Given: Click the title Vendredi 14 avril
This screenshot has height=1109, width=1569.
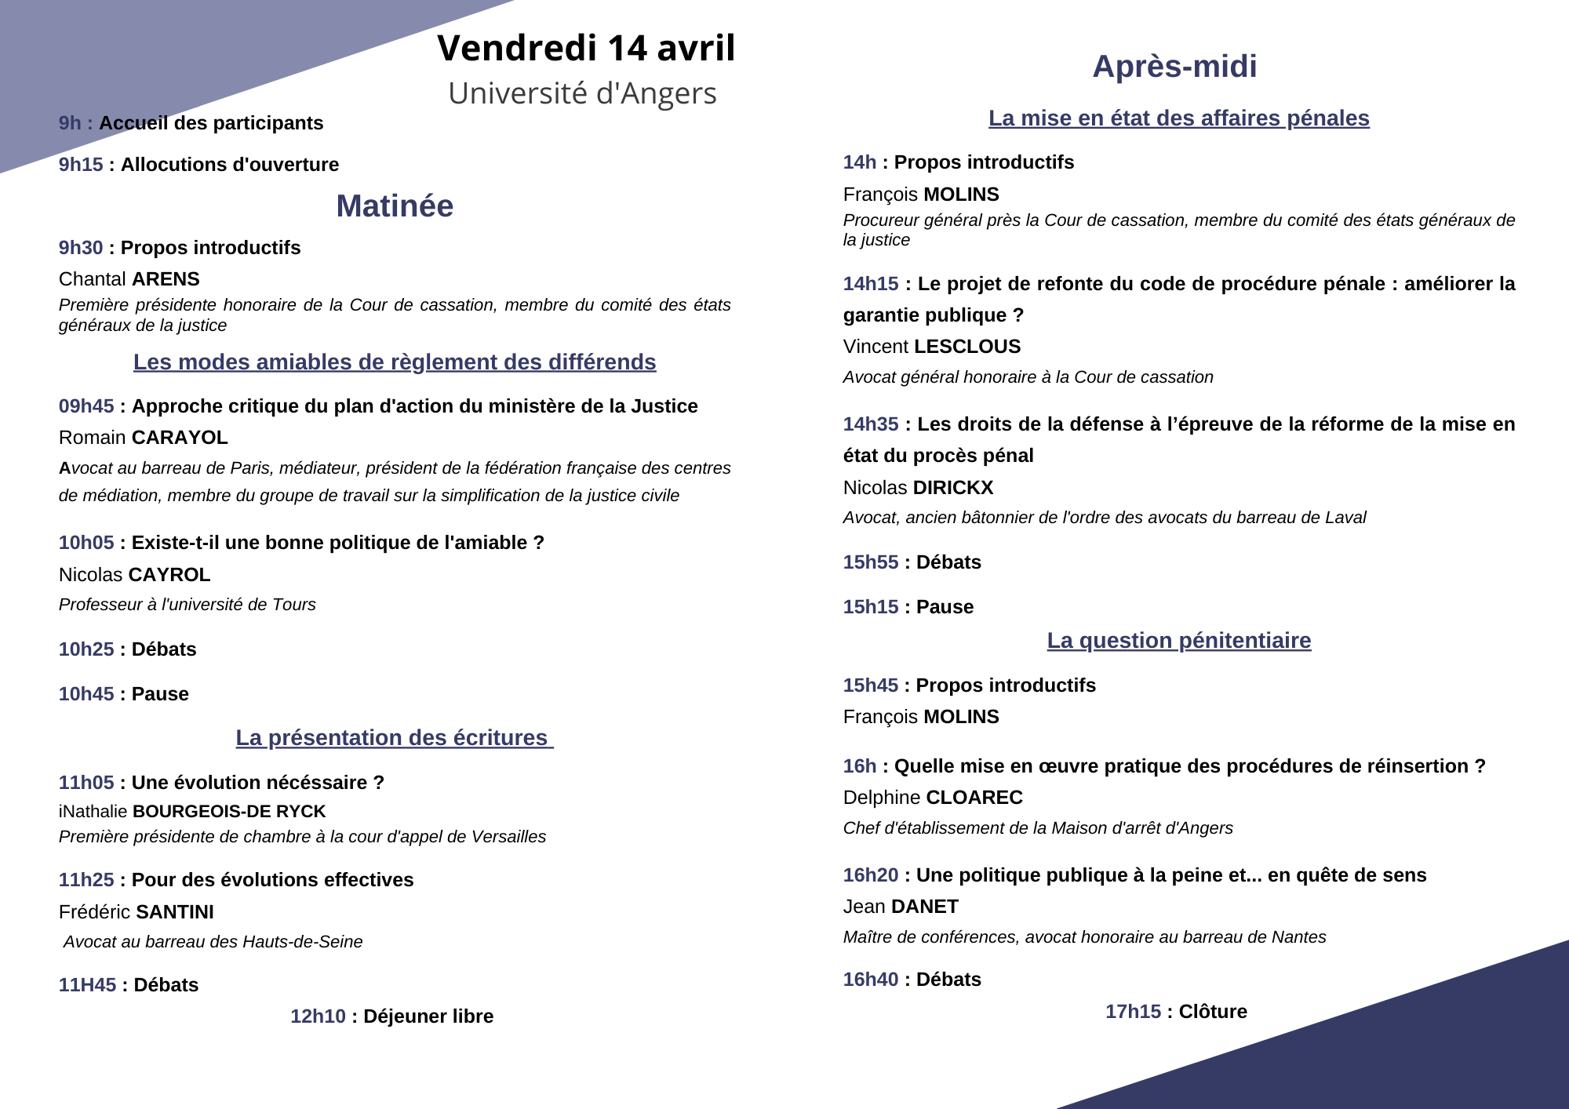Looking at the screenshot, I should click(586, 49).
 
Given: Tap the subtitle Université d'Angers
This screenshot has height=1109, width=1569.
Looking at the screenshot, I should click(582, 93).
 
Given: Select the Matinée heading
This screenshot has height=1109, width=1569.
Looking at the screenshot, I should click(395, 206).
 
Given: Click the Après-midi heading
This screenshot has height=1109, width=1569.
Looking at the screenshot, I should click(1174, 67).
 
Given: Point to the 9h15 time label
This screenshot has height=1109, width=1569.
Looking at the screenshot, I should click(81, 165).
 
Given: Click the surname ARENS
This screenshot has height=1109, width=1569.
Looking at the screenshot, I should click(166, 279).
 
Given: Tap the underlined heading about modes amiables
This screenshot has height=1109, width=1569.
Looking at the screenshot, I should click(395, 362).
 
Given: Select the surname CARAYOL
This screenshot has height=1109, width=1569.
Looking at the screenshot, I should click(180, 438).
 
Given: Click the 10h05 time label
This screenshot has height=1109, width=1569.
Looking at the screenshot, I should click(86, 543).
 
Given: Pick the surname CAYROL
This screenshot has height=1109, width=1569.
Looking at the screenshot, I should click(170, 575).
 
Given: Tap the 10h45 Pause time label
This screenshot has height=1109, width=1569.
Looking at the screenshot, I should click(86, 694).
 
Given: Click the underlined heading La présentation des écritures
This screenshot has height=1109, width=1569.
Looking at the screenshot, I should click(395, 738).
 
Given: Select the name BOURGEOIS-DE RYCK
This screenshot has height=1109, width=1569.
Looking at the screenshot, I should click(229, 812).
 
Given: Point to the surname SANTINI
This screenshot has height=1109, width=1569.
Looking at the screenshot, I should click(174, 912).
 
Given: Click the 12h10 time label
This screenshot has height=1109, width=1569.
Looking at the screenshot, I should click(318, 1016).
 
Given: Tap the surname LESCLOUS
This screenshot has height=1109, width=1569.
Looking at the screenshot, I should click(967, 347).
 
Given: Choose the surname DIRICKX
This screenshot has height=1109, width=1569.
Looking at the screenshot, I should click(953, 488).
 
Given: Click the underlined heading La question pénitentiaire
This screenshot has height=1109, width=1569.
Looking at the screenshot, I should click(1178, 641).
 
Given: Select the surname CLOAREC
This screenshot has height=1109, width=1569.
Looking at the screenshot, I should click(974, 798).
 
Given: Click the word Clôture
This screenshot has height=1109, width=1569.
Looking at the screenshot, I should click(1213, 1012).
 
